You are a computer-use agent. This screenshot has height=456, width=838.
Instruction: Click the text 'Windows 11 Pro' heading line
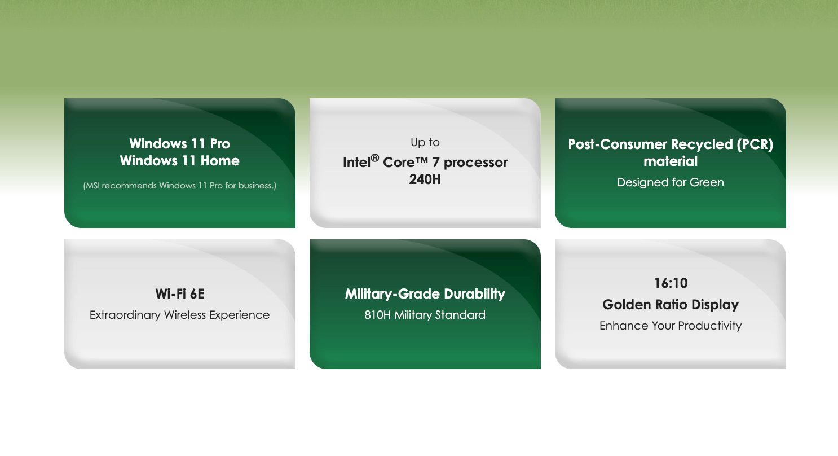point(179,144)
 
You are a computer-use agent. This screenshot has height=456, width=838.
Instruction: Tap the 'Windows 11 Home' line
point(179,161)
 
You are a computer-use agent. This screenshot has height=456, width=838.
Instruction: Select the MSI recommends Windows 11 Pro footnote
point(179,186)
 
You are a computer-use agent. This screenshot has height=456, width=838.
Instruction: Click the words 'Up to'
point(425,142)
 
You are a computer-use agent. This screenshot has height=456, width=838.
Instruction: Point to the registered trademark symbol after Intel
point(375,157)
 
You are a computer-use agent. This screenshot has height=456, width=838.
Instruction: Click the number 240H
point(425,179)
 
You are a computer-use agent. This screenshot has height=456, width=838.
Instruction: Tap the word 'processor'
point(475,163)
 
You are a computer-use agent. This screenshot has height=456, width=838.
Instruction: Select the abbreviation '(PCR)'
point(755,144)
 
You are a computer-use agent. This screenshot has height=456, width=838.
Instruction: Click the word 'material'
point(671,161)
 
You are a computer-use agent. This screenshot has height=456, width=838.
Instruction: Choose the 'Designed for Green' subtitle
point(671,182)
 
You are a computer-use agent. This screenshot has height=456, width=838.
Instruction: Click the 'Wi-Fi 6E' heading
point(180,294)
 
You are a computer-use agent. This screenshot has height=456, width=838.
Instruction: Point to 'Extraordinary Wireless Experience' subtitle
point(179,315)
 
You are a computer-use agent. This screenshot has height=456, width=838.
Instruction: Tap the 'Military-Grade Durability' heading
point(425,294)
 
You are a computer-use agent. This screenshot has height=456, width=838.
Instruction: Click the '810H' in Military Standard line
point(377,315)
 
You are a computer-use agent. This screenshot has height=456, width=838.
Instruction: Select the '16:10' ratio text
point(671,283)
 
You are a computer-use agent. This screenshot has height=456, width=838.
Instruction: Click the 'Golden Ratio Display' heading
point(671,305)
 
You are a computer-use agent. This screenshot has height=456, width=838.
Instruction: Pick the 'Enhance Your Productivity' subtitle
point(671,326)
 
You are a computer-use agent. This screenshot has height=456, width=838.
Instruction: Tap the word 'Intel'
point(356,163)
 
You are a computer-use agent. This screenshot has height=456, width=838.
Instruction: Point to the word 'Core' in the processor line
point(399,163)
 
